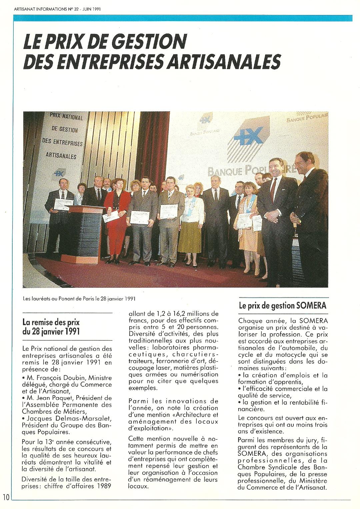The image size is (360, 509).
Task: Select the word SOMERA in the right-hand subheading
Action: tap(312, 305)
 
